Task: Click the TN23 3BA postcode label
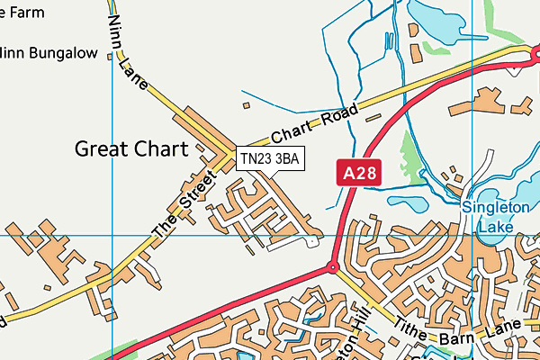(271, 158)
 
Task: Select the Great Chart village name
(131, 148)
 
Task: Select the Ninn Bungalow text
(49, 53)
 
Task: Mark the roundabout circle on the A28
(332, 267)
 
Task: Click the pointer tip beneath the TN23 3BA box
(260, 177)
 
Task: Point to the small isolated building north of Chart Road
(246, 104)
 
